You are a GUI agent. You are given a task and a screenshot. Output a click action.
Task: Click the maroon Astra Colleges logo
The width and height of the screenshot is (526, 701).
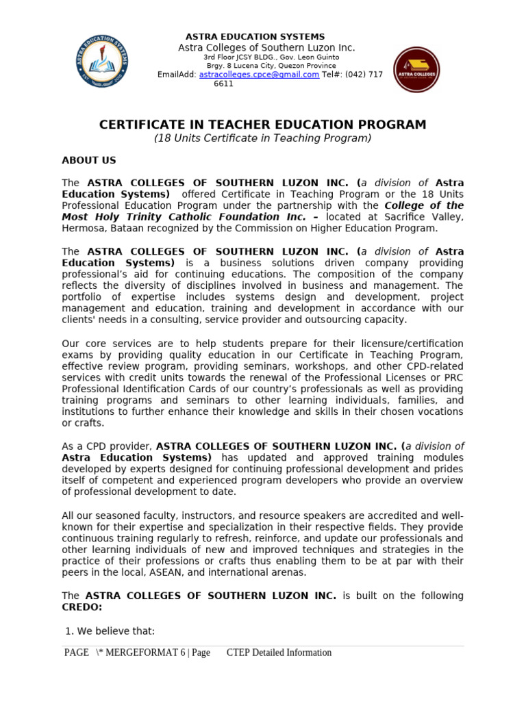click(x=416, y=70)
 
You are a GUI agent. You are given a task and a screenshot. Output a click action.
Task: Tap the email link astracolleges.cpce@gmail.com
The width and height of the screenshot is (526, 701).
click(x=259, y=75)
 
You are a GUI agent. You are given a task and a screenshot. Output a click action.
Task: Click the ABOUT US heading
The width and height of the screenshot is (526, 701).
click(x=89, y=160)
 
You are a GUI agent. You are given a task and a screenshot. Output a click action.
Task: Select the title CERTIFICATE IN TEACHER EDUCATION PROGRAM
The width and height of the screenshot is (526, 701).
click(x=263, y=125)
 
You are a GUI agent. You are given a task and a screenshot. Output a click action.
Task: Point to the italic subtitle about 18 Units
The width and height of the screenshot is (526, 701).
click(x=263, y=138)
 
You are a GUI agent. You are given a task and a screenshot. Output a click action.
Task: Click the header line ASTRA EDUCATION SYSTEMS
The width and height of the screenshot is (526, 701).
click(x=255, y=36)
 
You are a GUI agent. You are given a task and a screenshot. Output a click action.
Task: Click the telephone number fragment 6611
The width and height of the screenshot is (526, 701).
click(x=223, y=84)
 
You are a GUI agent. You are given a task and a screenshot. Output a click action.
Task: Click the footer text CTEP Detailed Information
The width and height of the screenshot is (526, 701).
click(x=279, y=652)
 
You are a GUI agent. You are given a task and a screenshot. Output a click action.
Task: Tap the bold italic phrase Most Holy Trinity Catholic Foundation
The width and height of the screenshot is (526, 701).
click(x=171, y=217)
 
